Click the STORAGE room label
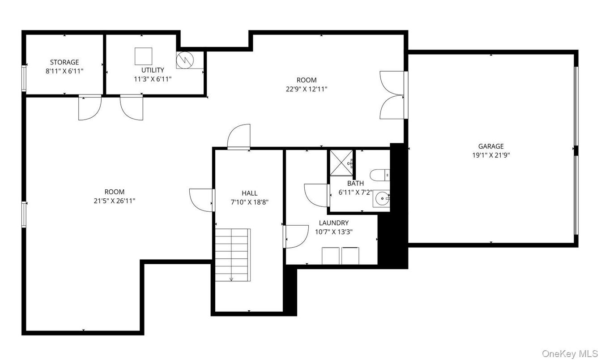tap(64, 62)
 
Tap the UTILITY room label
tap(153, 70)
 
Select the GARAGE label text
tap(490, 146)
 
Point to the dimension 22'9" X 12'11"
tap(307, 89)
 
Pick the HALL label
tap(249, 193)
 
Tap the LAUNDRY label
tap(333, 223)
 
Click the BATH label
tap(355, 183)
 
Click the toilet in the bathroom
tap(380, 175)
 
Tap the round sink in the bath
tap(382, 197)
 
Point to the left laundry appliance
tap(331, 256)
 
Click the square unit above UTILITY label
tap(144, 56)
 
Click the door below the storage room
tap(89, 108)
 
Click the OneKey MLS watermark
tap(569, 353)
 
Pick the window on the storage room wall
tap(24, 78)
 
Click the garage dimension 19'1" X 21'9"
tap(490, 155)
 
